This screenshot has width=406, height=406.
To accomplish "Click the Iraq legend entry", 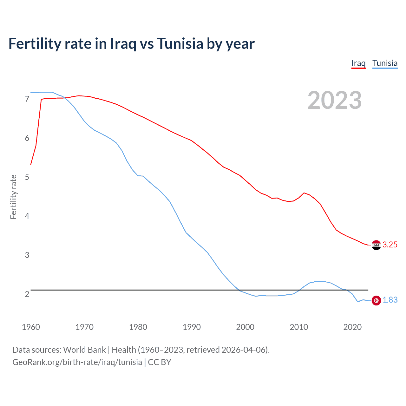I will point(358,63).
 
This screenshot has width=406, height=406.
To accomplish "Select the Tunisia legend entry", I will point(385,63).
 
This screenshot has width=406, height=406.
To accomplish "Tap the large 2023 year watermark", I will point(335,101).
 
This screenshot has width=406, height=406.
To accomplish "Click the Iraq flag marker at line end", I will point(376,245).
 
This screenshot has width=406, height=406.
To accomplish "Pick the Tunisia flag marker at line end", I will point(376,300).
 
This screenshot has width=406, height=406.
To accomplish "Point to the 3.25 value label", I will point(390,245).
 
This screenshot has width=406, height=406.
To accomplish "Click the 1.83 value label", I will point(390,300).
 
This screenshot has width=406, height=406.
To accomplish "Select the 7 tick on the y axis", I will point(27,99).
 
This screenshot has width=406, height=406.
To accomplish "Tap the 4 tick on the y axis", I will point(27,216).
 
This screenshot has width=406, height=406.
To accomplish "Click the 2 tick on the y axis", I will point(27,294).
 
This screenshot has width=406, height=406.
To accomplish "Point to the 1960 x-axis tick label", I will point(31,327).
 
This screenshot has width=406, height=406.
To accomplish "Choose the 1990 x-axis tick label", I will point(192,327).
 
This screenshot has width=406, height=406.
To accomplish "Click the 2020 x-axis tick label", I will point(352,327).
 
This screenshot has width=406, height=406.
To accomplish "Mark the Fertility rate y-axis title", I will point(13,197).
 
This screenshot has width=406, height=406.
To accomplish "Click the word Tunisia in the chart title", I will point(180,44).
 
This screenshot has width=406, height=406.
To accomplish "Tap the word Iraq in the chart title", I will point(123,44).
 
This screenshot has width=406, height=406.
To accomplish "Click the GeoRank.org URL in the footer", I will point(77,362).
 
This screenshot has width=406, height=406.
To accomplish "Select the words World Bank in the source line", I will point(84,350).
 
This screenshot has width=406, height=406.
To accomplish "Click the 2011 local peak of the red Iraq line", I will point(304,193).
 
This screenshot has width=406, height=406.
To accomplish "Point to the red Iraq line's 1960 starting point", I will point(31,165).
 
